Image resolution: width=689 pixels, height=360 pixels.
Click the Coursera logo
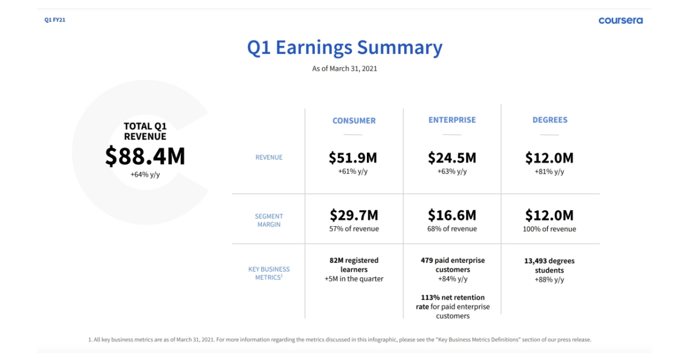pyautogui.click(x=621, y=20)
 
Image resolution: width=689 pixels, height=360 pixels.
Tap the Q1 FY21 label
pyautogui.click(x=55, y=20)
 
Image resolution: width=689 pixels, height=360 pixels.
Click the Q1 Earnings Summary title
pyautogui.click(x=345, y=48)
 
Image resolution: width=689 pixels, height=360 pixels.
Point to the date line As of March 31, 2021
pyautogui.click(x=344, y=68)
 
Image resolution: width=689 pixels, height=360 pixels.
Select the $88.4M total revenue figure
pyautogui.click(x=145, y=156)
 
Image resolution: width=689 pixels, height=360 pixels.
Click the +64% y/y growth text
pyautogui.click(x=145, y=175)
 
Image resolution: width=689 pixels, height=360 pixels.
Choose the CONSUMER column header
pyautogui.click(x=354, y=121)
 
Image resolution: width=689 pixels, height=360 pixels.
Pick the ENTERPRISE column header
pyautogui.click(x=452, y=120)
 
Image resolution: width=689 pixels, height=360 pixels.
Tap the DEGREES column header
pyautogui.click(x=550, y=120)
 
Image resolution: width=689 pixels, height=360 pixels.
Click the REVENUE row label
pyautogui.click(x=269, y=157)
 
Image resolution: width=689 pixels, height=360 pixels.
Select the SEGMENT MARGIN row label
pyautogui.click(x=269, y=220)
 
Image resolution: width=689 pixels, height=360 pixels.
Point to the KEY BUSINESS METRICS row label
pyautogui.click(x=269, y=273)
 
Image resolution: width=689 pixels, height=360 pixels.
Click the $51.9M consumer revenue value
pyautogui.click(x=353, y=158)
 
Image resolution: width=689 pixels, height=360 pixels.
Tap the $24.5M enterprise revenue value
pyautogui.click(x=452, y=158)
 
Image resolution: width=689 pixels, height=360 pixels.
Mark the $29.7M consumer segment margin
pyautogui.click(x=354, y=215)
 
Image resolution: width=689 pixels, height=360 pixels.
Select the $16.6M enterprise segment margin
pyautogui.click(x=452, y=215)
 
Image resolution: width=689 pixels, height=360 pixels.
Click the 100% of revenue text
pyautogui.click(x=549, y=229)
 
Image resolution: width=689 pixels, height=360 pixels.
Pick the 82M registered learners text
pyautogui.click(x=354, y=265)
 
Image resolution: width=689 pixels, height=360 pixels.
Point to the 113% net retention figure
pyautogui.click(x=453, y=297)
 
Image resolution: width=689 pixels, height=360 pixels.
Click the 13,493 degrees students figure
pyautogui.click(x=549, y=265)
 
